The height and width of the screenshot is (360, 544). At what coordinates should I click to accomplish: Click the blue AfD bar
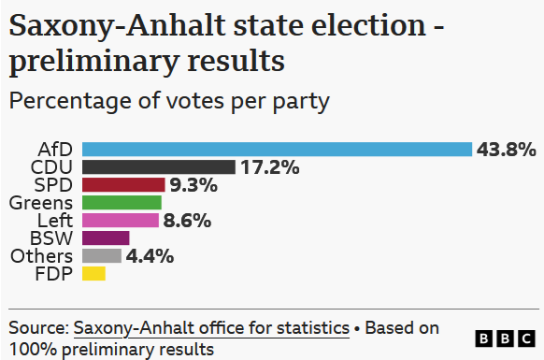click(278, 150)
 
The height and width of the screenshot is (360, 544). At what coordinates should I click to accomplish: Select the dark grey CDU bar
click(159, 167)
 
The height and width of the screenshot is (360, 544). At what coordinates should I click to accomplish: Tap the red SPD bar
click(123, 185)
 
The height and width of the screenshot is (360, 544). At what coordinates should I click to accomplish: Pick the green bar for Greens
click(122, 202)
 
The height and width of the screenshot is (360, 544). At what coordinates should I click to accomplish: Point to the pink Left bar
click(121, 220)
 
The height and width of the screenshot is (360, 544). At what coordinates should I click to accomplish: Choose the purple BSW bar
click(106, 238)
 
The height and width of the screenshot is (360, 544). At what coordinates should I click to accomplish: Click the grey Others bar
click(102, 256)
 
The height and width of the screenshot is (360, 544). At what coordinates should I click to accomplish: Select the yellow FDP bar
click(93, 274)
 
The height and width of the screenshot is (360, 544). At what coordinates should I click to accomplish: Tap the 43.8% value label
click(507, 150)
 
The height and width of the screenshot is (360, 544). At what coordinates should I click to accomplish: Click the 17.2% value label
click(270, 167)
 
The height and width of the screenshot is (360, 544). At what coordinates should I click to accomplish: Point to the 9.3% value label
click(193, 185)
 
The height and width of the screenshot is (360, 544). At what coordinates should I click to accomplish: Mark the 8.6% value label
click(187, 221)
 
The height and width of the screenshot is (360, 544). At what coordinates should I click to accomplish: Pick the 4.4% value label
click(150, 256)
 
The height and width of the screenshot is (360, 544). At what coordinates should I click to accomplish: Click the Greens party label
click(41, 203)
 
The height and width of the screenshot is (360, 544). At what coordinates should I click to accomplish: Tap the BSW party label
click(51, 238)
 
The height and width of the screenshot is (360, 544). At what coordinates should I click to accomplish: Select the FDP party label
click(54, 274)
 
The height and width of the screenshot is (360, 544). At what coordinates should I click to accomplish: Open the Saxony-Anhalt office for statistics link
click(211, 328)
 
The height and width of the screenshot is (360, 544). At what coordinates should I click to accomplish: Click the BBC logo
click(505, 338)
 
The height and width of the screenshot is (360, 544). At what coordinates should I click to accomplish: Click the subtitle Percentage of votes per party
click(169, 102)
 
